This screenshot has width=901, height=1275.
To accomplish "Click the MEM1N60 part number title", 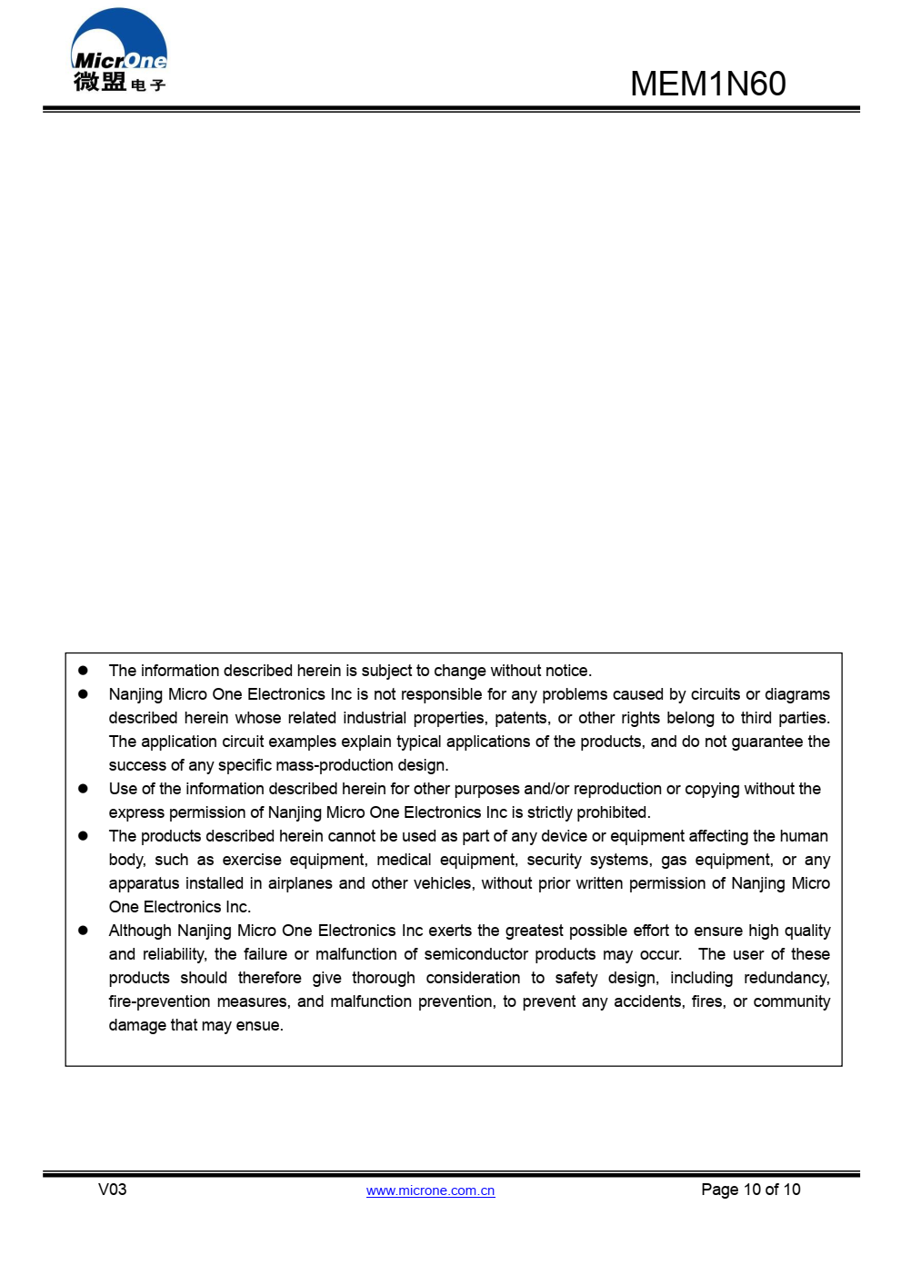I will coord(707,84).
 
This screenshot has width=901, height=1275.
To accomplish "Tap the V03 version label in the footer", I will coord(112,1190).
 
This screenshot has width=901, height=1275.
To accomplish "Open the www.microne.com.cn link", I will coord(430,1190).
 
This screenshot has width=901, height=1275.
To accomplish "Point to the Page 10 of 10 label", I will coord(750,1190).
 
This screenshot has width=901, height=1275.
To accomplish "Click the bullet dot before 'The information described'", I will coord(83,671).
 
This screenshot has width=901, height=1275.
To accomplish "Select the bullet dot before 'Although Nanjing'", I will coord(83,931).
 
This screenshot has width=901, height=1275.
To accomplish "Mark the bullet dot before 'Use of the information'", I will coord(83,789).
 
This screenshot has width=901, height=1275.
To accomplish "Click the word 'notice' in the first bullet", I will coord(566,671).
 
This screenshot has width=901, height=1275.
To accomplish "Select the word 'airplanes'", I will coord(298,883).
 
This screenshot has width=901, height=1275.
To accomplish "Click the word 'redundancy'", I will coord(786,978).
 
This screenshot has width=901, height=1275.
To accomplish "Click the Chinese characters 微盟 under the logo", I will coord(100,82).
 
